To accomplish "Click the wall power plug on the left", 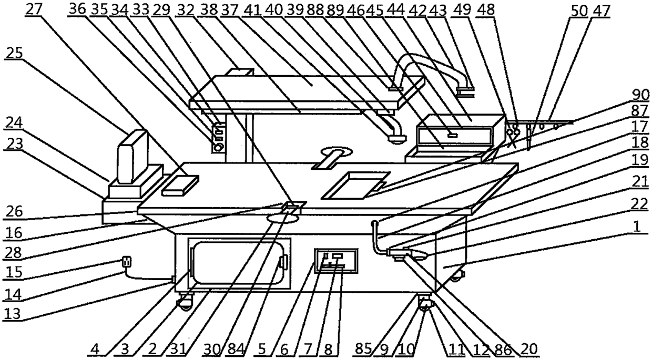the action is click(126, 261).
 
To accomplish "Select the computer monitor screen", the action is click(132, 156).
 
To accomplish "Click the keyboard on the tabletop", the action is click(180, 185).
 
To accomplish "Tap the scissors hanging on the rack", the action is click(512, 137).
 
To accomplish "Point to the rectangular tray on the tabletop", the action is click(355, 185).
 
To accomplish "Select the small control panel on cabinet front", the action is click(335, 260).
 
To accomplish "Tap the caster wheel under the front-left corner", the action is click(185, 303).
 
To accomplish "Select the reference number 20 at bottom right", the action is click(532, 348).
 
